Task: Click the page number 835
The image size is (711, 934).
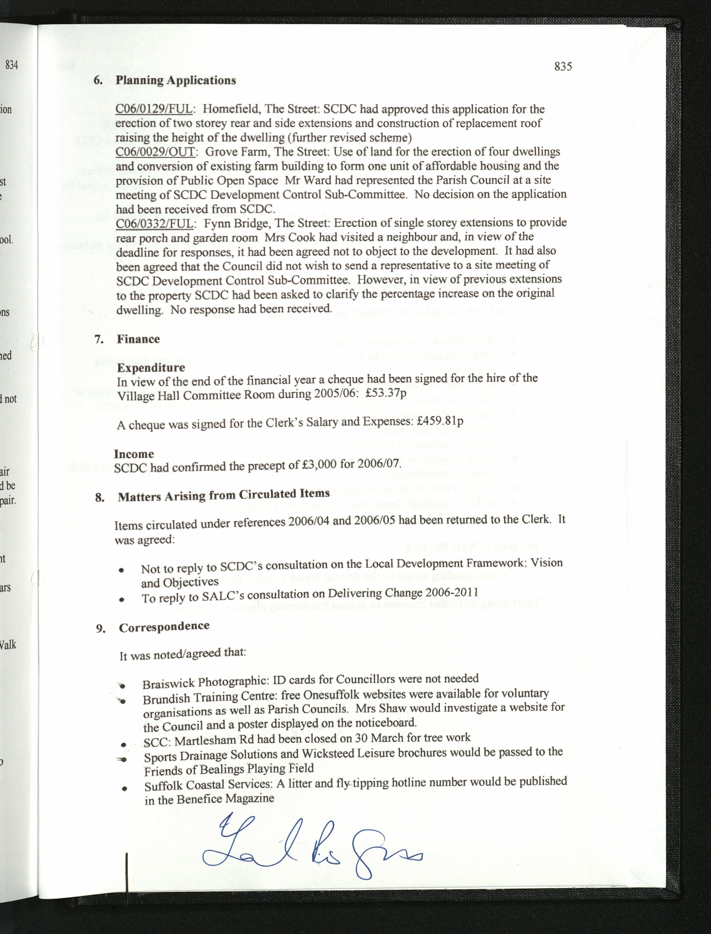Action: pos(563,66)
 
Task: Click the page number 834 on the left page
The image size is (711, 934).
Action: pos(11,65)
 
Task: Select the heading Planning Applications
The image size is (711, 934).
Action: pos(176,81)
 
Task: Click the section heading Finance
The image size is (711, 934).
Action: pos(138,339)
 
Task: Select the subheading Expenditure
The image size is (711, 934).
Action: pos(151,367)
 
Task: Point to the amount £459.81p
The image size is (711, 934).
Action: pos(440,421)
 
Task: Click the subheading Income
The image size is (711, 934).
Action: pos(134,454)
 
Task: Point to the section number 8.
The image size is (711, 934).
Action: pos(100,497)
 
